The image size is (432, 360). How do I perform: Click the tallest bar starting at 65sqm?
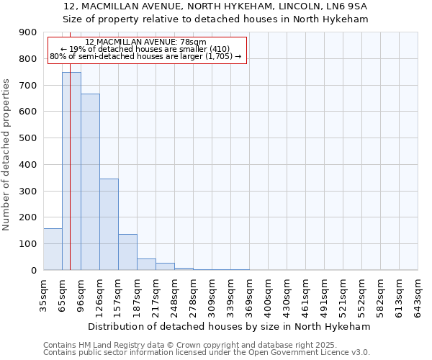(x=71, y=171)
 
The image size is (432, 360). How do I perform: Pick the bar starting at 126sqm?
(x=109, y=224)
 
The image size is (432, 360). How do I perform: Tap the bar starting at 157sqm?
(x=127, y=252)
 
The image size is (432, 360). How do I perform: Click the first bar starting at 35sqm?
(x=53, y=249)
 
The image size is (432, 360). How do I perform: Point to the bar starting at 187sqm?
(x=146, y=264)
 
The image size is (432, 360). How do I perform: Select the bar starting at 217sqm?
(x=165, y=266)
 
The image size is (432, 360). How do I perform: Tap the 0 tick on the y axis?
(x=34, y=271)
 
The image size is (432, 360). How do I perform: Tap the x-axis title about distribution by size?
(x=230, y=326)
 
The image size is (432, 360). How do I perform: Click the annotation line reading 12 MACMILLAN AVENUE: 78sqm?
(x=145, y=42)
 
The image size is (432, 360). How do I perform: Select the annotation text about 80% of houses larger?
(x=145, y=56)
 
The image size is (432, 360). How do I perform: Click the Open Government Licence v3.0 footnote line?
(x=207, y=353)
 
